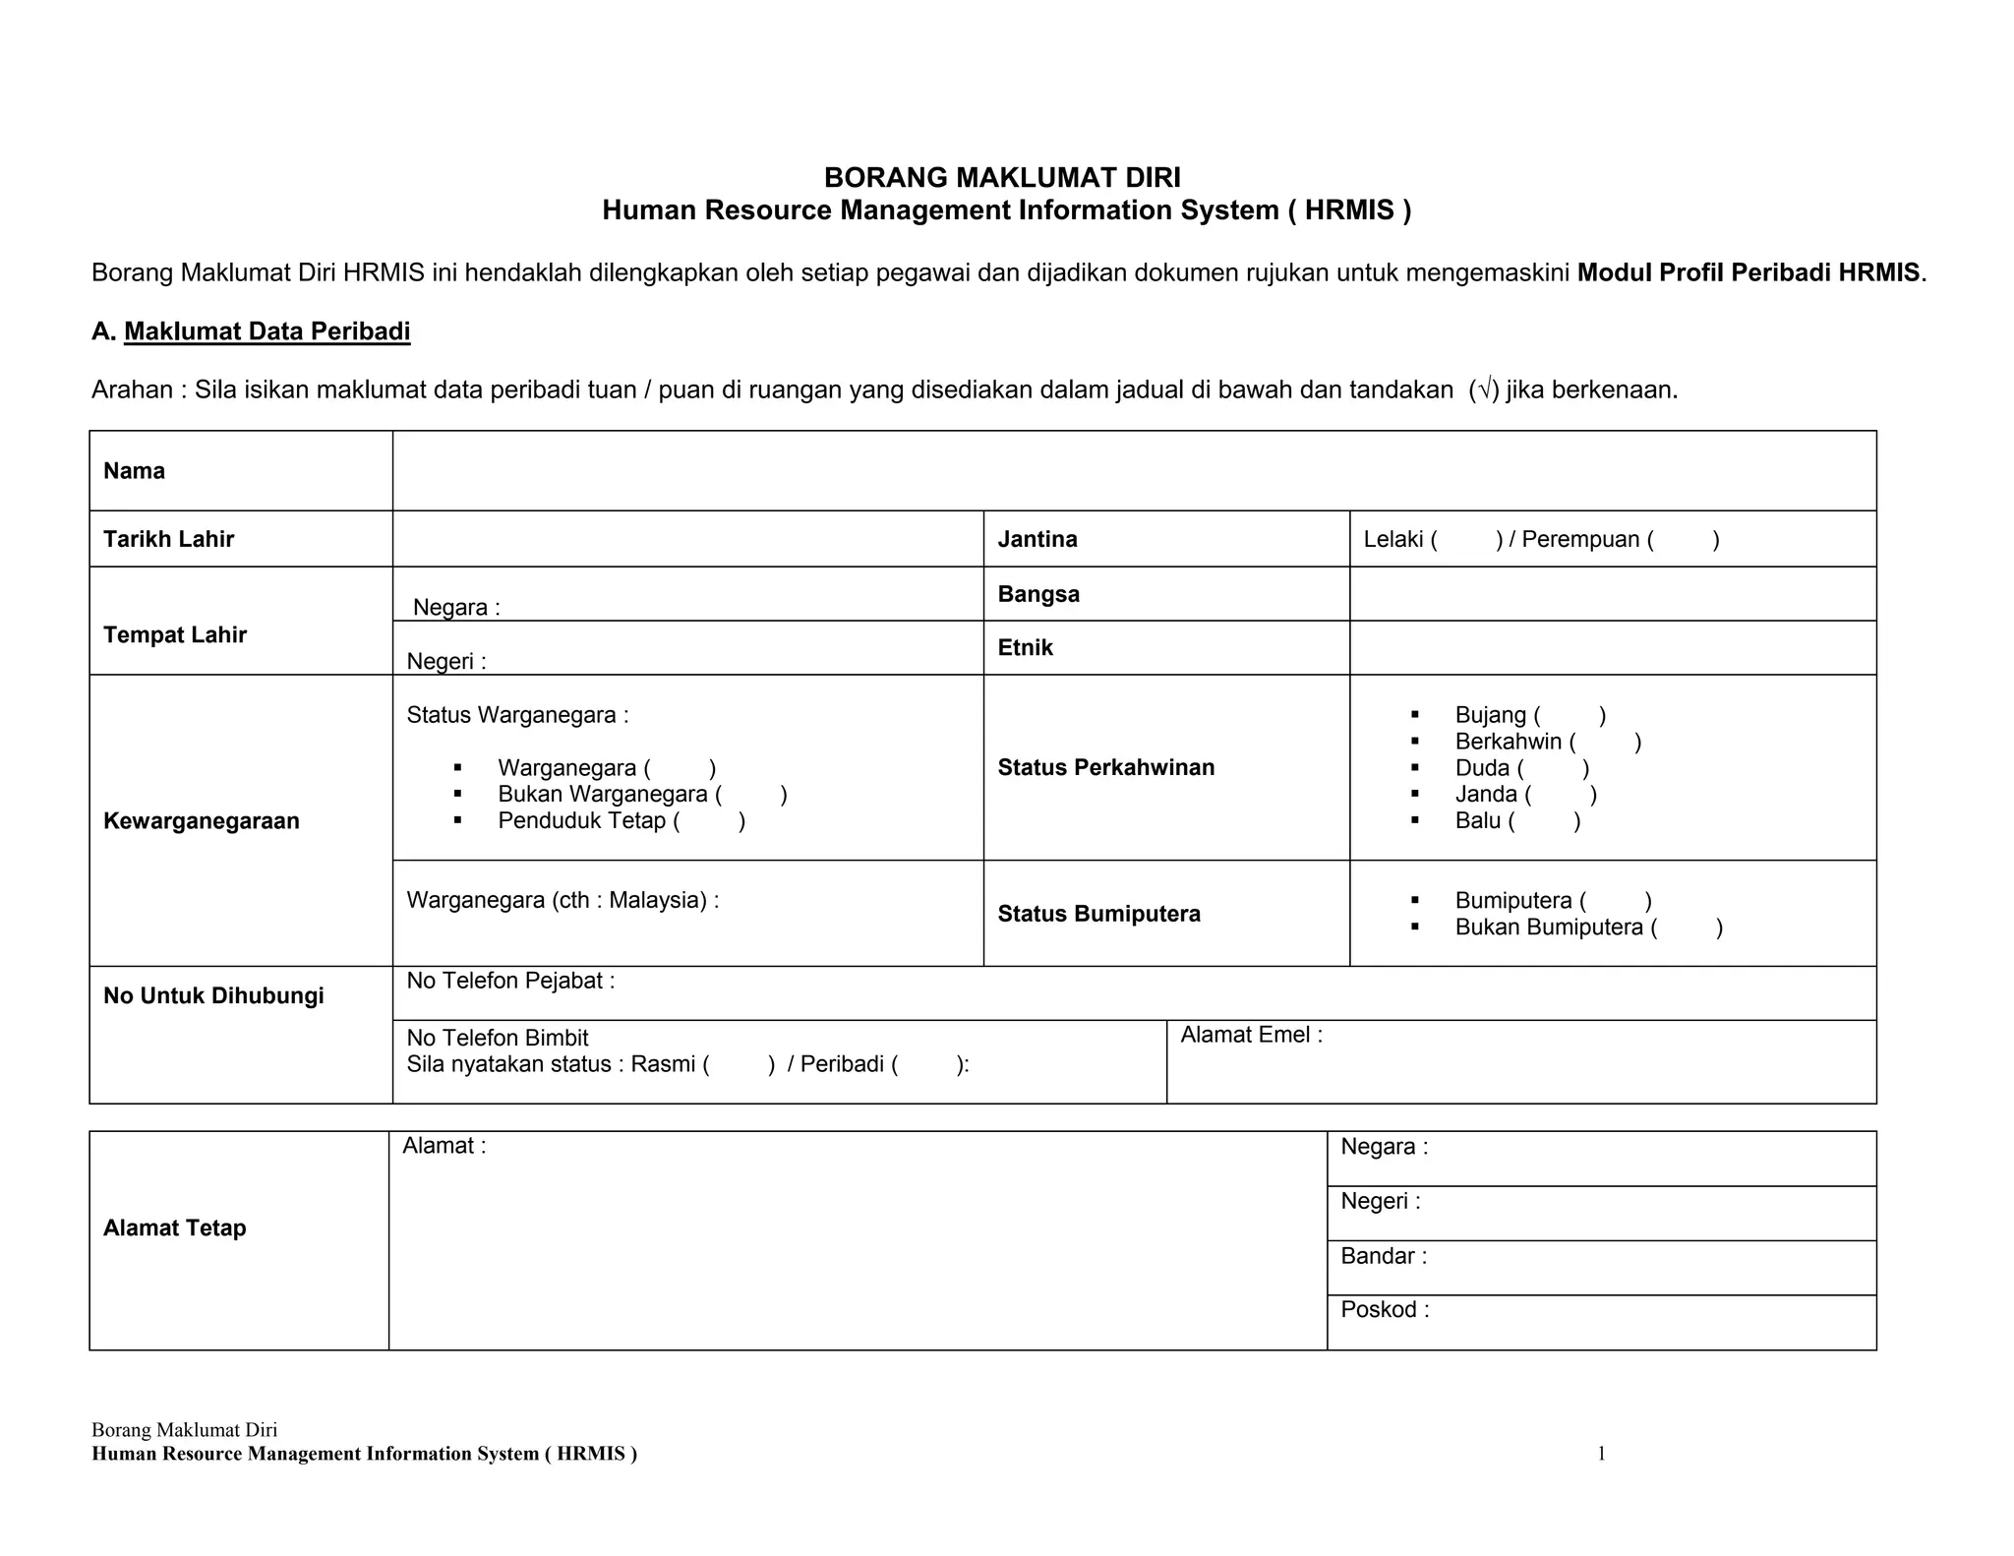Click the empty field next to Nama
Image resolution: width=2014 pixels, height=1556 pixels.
pos(1134,471)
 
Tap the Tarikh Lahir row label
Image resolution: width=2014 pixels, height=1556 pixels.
pos(169,539)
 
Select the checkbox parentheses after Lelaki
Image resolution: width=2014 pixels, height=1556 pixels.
pos(1466,539)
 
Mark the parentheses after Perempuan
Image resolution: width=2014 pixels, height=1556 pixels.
pos(1684,539)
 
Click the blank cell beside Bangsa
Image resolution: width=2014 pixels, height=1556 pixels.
pos(1613,594)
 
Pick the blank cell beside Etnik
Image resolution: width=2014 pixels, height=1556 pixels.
pos(1613,648)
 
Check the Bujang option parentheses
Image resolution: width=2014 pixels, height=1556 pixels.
pos(1570,715)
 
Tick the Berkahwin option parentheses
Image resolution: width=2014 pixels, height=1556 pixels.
pos(1606,742)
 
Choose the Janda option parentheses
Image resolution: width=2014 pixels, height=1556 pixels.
pos(1561,794)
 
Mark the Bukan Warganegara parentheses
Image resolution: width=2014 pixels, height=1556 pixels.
pos(751,794)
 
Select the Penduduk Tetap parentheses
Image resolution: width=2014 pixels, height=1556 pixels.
pos(709,820)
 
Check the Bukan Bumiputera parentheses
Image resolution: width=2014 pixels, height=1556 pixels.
pos(1688,927)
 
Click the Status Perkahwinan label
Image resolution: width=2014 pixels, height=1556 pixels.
pos(1105,767)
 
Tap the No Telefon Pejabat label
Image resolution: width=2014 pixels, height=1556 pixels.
pos(510,981)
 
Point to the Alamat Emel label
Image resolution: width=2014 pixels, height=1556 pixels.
pos(1251,1035)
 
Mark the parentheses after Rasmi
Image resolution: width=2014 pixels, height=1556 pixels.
pos(739,1064)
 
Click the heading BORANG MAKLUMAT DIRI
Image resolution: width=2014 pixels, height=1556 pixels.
pos(1002,177)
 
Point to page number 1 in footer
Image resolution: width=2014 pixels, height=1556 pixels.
pos(1601,1453)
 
